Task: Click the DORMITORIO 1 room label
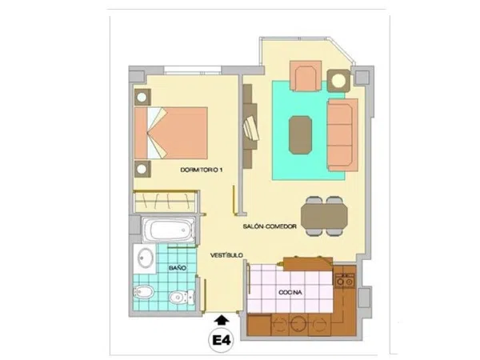[201, 170]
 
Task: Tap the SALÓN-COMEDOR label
[270, 226]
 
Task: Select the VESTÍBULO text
[226, 255]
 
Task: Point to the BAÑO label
[178, 268]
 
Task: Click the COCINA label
[290, 292]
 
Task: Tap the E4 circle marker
[221, 340]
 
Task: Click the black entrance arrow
[222, 320]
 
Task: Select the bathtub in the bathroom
[168, 230]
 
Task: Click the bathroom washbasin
[145, 258]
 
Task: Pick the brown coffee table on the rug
[301, 134]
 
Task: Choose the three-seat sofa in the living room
[342, 134]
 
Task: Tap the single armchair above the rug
[306, 76]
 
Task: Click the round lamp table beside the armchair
[338, 81]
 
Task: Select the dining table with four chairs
[324, 216]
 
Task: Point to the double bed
[171, 133]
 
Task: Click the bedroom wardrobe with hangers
[166, 202]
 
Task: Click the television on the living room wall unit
[251, 127]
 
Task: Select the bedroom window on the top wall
[193, 70]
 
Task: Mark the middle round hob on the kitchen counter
[297, 323]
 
